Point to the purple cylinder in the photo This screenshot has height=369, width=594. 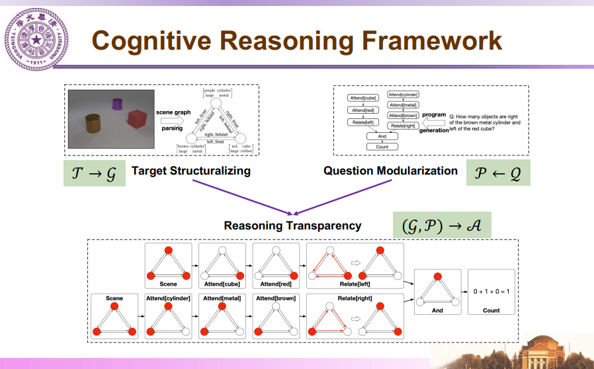[118, 104]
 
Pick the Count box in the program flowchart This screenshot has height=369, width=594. [382, 147]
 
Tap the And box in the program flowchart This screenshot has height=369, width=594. [382, 136]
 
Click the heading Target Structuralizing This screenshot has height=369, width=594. [191, 171]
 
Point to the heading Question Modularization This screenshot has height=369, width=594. [390, 171]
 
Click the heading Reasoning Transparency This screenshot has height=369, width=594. [292, 225]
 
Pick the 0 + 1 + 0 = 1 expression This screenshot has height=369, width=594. [491, 292]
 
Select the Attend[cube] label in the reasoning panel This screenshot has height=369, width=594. [222, 284]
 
